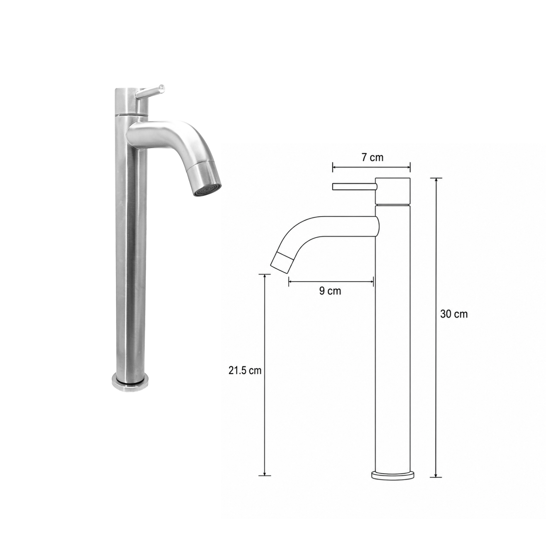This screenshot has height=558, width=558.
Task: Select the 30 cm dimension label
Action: point(454,314)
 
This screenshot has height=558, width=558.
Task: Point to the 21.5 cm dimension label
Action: point(245,371)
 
